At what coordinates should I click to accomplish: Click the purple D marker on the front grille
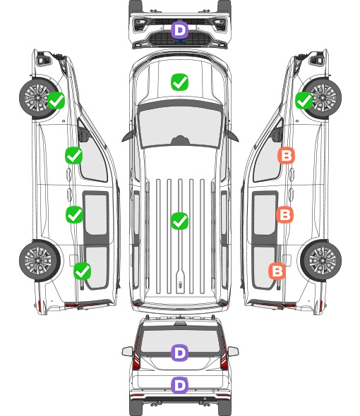tap(180, 30)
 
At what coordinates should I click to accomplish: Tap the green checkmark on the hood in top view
tap(179, 82)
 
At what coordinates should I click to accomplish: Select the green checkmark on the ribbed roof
tap(179, 221)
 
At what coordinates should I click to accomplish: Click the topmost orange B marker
tap(286, 155)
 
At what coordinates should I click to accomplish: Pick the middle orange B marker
tap(284, 214)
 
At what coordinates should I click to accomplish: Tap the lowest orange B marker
tap(277, 271)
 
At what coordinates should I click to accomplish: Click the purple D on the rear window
tap(180, 353)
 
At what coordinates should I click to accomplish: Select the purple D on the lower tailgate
tap(180, 385)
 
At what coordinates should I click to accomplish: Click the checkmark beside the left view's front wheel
tap(56, 100)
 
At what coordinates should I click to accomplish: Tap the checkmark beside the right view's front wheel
tap(304, 100)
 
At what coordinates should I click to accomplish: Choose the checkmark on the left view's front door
tap(74, 155)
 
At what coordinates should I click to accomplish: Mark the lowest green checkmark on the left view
tap(83, 271)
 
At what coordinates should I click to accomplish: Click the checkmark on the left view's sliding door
tap(74, 214)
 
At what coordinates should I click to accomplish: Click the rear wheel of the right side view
tap(321, 260)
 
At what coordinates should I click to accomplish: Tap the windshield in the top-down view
tap(180, 126)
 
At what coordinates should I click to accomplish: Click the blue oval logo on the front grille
tap(180, 41)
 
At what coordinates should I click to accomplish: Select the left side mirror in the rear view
tap(128, 351)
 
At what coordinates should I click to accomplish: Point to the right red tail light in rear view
tap(224, 355)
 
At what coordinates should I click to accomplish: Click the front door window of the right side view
tap(267, 159)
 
